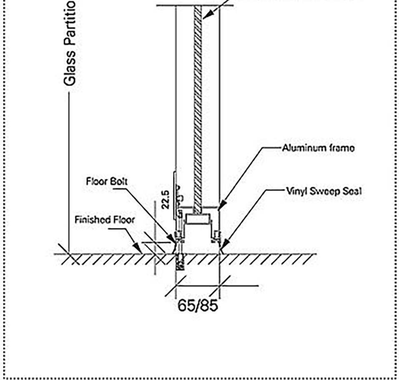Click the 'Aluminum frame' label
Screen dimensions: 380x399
(318, 148)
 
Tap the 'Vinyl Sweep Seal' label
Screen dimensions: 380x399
(324, 191)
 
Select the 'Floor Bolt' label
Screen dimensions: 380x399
(107, 181)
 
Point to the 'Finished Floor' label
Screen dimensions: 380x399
(105, 219)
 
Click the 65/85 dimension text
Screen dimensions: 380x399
(198, 306)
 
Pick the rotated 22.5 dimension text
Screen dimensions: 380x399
(166, 199)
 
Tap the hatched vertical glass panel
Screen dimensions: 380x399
(198, 104)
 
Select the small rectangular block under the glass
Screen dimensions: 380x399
(198, 219)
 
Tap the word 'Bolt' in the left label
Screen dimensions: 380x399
(119, 181)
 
